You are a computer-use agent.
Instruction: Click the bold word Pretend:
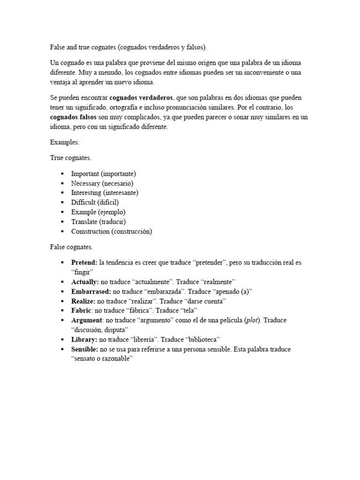(x=84, y=262)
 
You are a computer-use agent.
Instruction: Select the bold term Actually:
(x=85, y=282)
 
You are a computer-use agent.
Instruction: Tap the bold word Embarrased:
(x=91, y=292)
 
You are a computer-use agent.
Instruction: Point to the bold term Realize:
(x=83, y=301)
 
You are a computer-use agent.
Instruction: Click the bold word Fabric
(x=81, y=311)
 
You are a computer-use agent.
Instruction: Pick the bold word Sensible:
(x=85, y=349)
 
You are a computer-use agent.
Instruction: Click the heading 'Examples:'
(x=64, y=142)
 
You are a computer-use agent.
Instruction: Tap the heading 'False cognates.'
(x=71, y=247)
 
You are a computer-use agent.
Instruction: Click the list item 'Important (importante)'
(x=103, y=173)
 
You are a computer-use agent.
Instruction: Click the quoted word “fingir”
(x=83, y=272)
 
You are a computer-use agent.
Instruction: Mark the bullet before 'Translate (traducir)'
(x=62, y=222)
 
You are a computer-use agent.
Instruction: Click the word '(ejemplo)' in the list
(x=112, y=212)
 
